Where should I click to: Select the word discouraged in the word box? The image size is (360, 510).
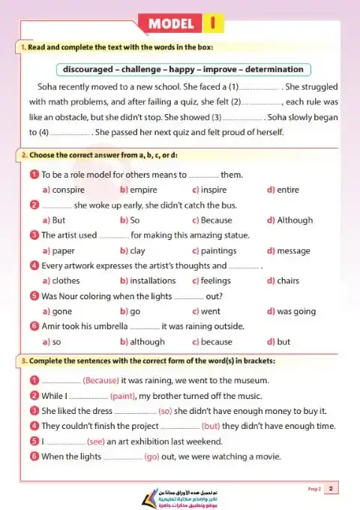tap(92, 69)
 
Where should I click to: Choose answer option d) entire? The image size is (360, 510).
tap(283, 190)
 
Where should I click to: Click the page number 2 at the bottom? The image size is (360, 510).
tap(331, 489)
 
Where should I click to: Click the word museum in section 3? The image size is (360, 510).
tap(249, 380)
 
